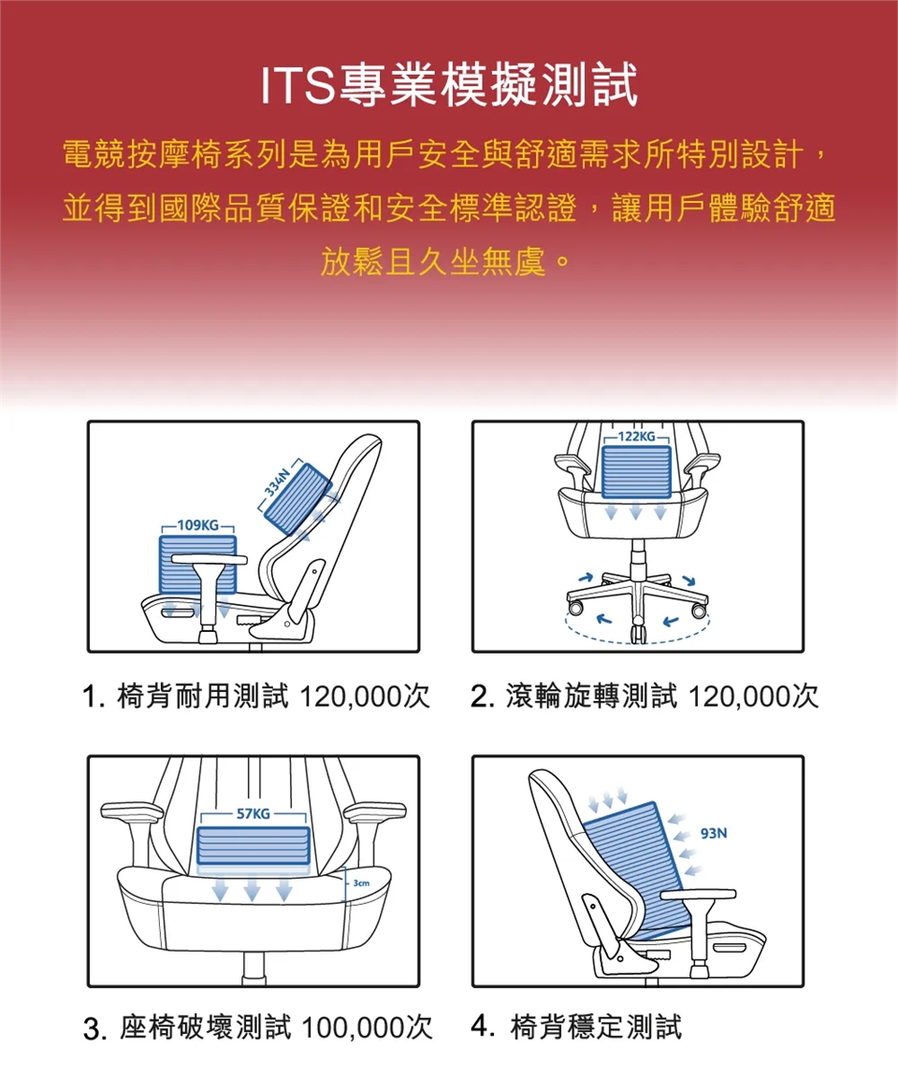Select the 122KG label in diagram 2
click(636, 437)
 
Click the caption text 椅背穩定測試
click(596, 1027)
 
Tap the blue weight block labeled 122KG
click(636, 471)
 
